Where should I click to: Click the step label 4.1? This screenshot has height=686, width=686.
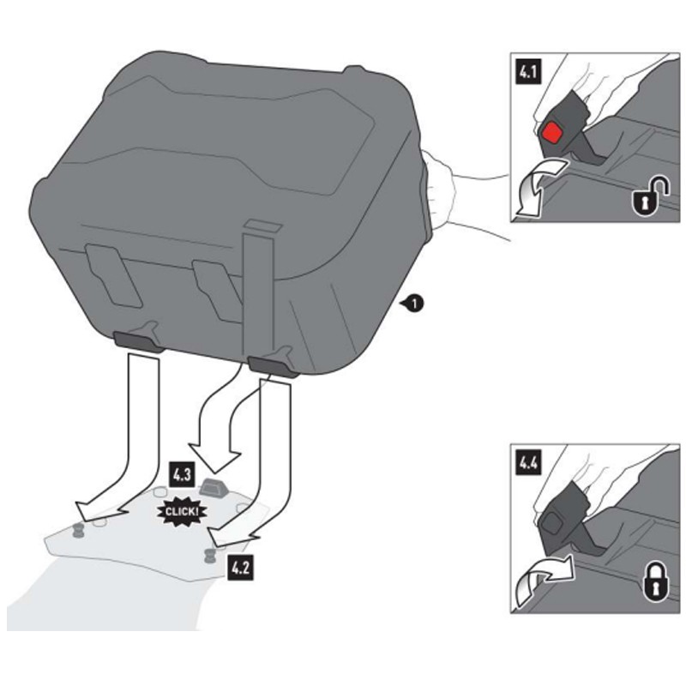[x=524, y=71]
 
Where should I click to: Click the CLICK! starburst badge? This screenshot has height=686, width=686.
[x=182, y=511]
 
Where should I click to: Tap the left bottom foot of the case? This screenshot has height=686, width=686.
[x=136, y=338]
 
